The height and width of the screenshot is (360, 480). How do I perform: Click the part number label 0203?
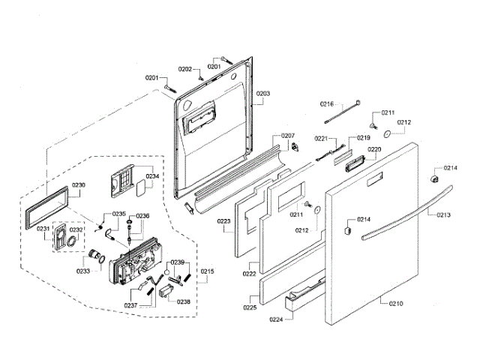click(263, 94)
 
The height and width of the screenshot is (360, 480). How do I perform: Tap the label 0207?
click(288, 136)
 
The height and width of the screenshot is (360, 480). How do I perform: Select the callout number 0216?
click(327, 103)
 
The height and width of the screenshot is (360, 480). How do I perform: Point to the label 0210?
click(395, 304)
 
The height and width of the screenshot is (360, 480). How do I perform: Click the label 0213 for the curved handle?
click(444, 214)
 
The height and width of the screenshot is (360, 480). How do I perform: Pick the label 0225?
click(250, 307)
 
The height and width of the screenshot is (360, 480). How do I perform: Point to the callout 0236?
click(142, 216)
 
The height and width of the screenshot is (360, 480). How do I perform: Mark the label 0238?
click(183, 301)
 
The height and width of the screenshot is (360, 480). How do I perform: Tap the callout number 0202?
click(185, 69)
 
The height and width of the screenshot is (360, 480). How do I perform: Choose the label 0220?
click(374, 149)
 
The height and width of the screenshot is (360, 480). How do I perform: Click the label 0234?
click(152, 177)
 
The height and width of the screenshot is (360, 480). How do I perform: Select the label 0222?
click(249, 275)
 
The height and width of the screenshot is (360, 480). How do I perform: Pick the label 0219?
click(364, 138)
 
